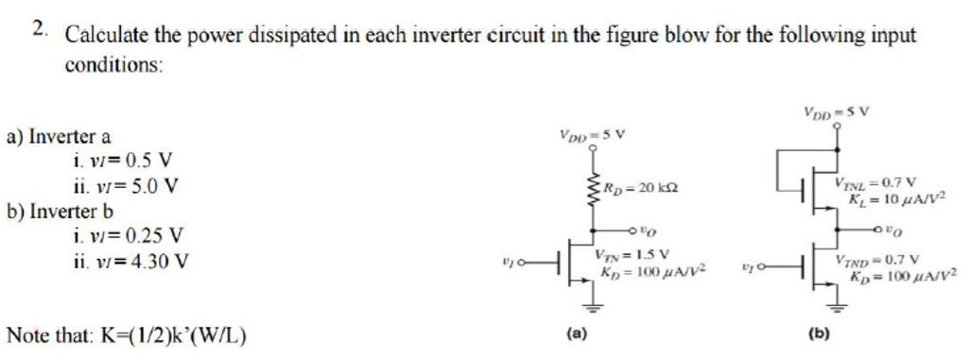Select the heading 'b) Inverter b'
click(60, 210)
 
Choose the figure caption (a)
click(575, 334)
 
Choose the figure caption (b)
click(819, 334)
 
